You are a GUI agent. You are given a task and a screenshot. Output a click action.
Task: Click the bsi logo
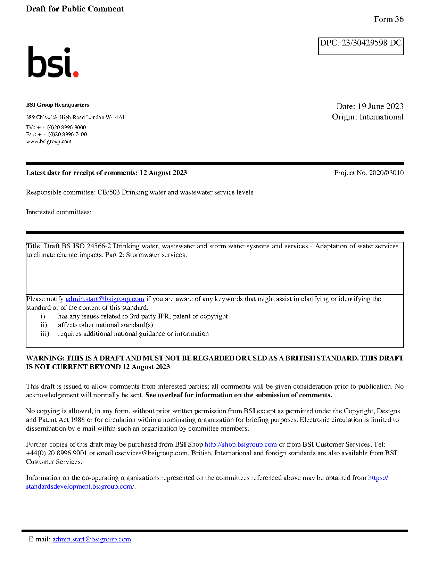pos(53,62)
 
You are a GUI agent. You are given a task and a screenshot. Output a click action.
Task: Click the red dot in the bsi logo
pos(75,74)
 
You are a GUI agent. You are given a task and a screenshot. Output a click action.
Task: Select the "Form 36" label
pos(388,19)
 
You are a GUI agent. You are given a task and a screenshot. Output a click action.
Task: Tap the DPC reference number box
pos(361,46)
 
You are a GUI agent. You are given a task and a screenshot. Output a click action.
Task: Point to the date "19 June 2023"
pos(380,106)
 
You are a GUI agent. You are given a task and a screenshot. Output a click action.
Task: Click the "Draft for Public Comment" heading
pos(75,9)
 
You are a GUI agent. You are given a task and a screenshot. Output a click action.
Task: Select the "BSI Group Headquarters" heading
pos(57,105)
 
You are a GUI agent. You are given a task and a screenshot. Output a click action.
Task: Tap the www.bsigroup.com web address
pos(49,141)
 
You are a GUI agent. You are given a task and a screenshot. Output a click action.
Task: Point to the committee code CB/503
pos(108,192)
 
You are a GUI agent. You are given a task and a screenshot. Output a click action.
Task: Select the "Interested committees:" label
pos(59,212)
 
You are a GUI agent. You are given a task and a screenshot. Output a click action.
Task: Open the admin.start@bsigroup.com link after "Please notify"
pos(105,299)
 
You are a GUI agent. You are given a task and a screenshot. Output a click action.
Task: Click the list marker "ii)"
pos(44,325)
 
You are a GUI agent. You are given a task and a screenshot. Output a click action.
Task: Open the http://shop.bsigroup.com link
pos(240,445)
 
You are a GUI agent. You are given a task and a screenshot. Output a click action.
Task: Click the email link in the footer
pos(92,539)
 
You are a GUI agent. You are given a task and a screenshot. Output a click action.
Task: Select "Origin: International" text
pos(367,117)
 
